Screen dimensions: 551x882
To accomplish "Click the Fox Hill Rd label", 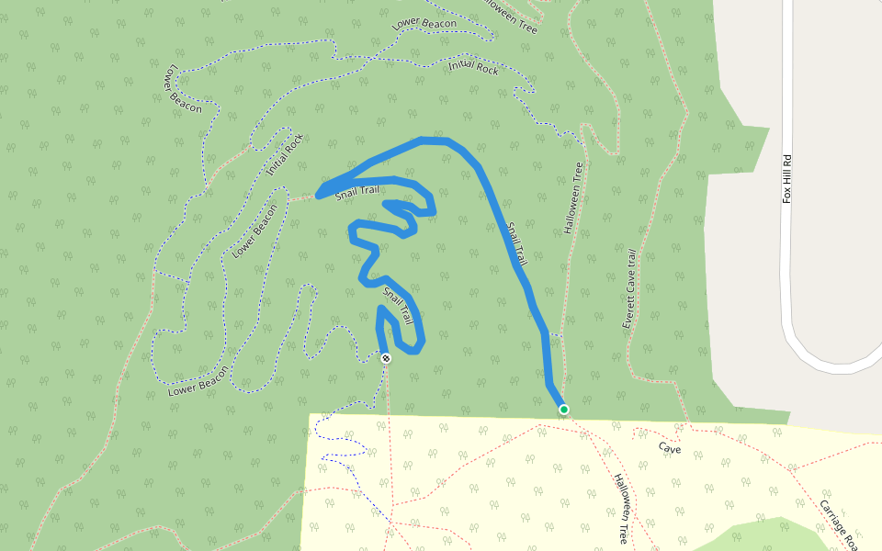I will pyautogui.click(x=786, y=178).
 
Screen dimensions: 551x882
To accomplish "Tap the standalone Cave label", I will pyautogui.click(x=668, y=447).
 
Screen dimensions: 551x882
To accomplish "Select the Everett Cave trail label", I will pyautogui.click(x=629, y=289).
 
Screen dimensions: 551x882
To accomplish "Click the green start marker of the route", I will pyautogui.click(x=563, y=410).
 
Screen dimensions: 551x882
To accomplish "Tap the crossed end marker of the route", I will pyautogui.click(x=386, y=358).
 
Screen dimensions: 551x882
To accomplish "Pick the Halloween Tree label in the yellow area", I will pyautogui.click(x=622, y=509).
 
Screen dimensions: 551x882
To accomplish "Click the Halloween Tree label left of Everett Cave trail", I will pyautogui.click(x=573, y=197).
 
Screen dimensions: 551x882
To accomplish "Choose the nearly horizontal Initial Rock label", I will pyautogui.click(x=474, y=66).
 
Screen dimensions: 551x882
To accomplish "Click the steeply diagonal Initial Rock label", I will pyautogui.click(x=285, y=155).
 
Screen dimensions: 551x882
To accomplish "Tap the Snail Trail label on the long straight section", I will pyautogui.click(x=515, y=242).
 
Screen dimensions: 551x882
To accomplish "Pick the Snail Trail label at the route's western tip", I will pyautogui.click(x=356, y=191).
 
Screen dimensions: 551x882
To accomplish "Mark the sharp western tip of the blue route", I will pyautogui.click(x=319, y=194).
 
